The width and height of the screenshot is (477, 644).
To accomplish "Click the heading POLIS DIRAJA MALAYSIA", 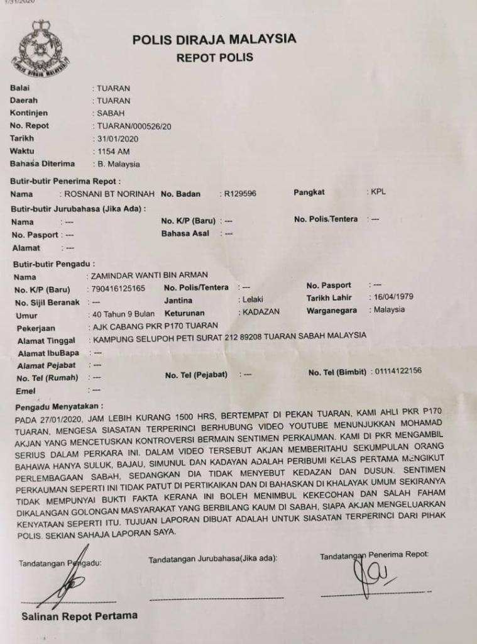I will [214, 39].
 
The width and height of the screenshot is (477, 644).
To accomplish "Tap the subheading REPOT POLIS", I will [214, 58].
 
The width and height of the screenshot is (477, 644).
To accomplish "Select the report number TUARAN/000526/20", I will [134, 126].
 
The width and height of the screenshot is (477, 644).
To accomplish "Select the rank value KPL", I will [378, 192].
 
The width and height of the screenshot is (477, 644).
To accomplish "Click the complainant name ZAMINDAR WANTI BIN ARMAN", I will [149, 275].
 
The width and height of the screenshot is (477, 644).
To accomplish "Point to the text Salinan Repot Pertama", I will [79, 616].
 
